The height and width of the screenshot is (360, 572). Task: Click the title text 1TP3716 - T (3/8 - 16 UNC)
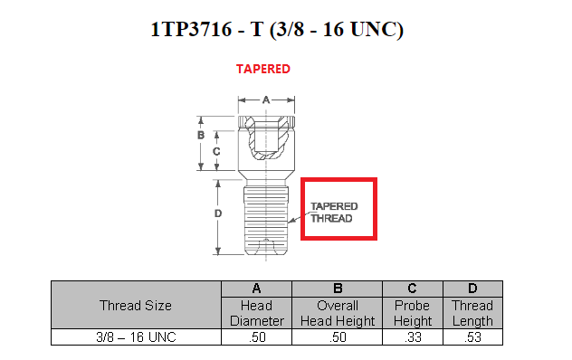point(277,30)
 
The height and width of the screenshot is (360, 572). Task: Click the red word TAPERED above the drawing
point(263,69)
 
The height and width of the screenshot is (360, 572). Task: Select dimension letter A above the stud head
point(266,99)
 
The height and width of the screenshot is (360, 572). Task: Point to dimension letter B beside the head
point(201,136)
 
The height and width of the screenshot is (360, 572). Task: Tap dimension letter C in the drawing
point(216,151)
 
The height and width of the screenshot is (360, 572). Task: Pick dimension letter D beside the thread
point(218,213)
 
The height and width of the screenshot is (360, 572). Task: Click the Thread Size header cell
point(136,306)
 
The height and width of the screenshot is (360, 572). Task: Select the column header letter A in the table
point(256,289)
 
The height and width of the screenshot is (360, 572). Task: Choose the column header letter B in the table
point(338,289)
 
